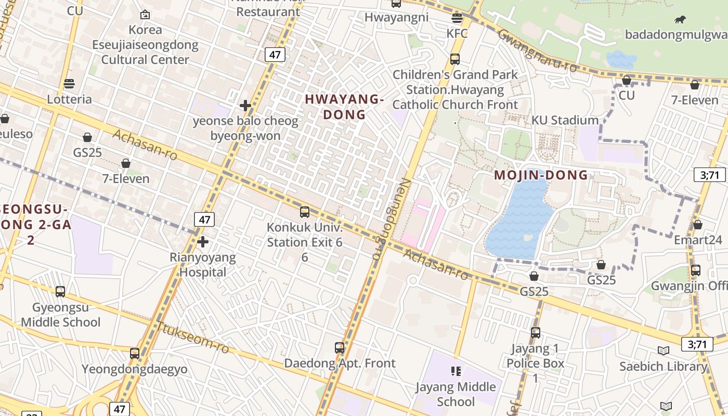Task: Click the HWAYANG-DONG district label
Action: click(x=344, y=107)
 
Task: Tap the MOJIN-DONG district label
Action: click(x=541, y=175)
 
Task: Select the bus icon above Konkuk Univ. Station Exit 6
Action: click(x=305, y=212)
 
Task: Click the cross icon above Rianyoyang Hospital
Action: click(x=203, y=242)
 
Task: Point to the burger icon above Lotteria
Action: click(x=69, y=84)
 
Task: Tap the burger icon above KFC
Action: click(x=457, y=19)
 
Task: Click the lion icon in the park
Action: click(x=680, y=20)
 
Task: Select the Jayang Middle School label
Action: click(x=456, y=394)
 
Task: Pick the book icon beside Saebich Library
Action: click(x=663, y=350)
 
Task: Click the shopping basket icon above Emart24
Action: click(x=697, y=225)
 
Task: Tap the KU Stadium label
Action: click(x=565, y=121)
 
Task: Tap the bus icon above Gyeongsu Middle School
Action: click(x=60, y=292)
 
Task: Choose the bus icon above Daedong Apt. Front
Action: click(x=340, y=348)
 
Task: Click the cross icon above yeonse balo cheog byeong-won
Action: click(x=245, y=106)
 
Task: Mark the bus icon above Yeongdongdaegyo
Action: click(x=135, y=354)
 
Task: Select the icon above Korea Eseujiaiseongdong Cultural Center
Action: click(x=145, y=15)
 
